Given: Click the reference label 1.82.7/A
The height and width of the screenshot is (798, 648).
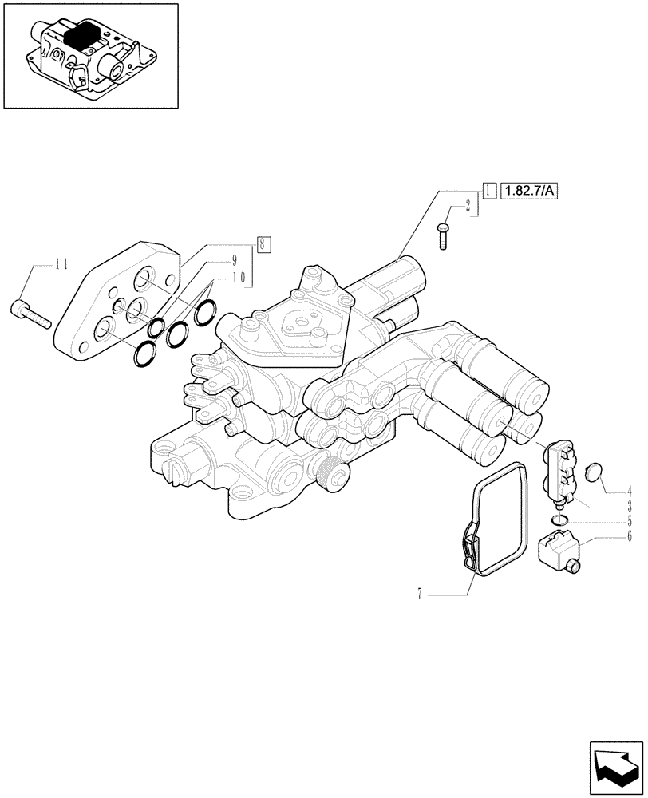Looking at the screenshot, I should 529,191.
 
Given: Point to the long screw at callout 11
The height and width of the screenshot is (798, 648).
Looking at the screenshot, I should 31,314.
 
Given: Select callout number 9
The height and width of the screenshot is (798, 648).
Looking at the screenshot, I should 235,259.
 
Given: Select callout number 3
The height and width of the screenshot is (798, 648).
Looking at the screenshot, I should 630,506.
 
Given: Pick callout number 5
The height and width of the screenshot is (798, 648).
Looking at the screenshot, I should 630,521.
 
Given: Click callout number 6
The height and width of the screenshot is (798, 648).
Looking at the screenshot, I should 630,536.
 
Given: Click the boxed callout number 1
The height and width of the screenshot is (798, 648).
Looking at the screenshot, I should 486,191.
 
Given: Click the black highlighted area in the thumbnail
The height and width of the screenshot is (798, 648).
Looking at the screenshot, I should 80,37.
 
